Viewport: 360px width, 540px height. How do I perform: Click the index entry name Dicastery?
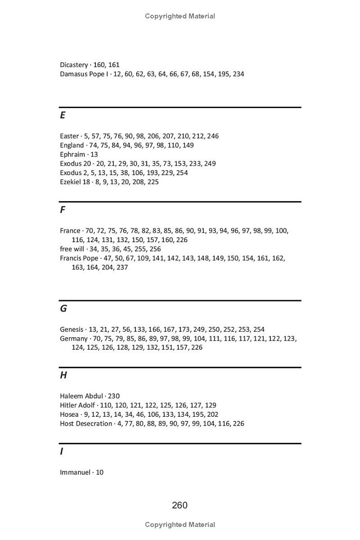point(74,65)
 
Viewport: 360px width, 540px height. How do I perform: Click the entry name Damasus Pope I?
point(84,74)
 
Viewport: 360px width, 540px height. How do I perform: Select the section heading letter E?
point(63,115)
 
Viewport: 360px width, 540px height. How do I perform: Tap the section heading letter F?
point(63,210)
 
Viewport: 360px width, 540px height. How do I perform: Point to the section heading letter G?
point(63,308)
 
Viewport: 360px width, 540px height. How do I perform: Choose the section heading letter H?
point(63,375)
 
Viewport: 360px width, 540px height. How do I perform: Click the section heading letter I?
point(61,451)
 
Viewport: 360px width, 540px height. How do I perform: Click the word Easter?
point(69,136)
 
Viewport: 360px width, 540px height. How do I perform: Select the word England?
point(72,145)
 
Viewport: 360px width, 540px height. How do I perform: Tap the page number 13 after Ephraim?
point(94,154)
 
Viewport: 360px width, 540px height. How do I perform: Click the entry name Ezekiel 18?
point(75,182)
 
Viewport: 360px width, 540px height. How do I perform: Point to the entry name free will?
point(72,249)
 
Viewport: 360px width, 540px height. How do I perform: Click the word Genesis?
point(72,329)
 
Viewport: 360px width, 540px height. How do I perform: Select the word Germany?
point(73,338)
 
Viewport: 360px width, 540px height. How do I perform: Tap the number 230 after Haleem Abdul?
point(114,396)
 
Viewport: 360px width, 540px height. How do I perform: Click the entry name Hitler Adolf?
point(77,405)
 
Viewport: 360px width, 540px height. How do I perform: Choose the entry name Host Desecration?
point(86,423)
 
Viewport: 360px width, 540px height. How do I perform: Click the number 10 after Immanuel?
point(99,472)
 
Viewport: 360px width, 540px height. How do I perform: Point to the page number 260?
point(180,505)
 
